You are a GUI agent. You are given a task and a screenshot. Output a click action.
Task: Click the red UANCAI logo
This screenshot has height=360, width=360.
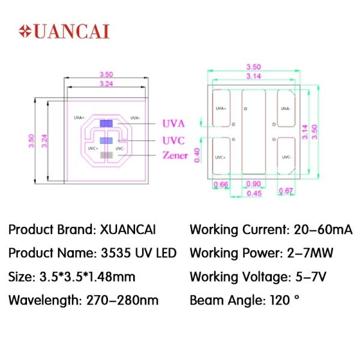click(64, 31)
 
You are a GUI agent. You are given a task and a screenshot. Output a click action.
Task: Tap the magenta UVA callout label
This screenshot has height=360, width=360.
click(173, 124)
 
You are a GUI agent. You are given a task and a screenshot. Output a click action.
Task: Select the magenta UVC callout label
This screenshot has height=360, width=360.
click(173, 140)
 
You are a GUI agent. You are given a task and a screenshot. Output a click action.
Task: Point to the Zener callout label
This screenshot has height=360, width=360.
click(175, 155)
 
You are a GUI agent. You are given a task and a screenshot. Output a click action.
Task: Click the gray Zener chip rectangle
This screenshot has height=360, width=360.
click(107, 155)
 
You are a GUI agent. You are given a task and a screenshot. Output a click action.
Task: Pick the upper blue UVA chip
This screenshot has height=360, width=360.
click(106, 123)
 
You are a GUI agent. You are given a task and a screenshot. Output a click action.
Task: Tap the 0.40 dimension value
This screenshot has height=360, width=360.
click(197, 155)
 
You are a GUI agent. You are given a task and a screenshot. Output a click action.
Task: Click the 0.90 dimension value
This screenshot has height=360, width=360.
click(253, 184)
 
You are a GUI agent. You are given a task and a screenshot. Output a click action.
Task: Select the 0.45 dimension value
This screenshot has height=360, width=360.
click(254, 193)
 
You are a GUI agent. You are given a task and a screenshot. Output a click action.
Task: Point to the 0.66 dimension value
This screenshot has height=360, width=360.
click(221, 184)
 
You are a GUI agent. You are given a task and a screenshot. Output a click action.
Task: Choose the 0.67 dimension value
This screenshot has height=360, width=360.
click(286, 191)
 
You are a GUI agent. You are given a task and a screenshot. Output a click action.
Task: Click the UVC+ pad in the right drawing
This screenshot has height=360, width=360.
click(221, 156)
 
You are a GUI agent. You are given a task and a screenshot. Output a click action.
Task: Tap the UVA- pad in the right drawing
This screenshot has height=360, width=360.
click(286, 108)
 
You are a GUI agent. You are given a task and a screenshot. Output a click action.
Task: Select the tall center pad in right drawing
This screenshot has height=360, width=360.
click(254, 132)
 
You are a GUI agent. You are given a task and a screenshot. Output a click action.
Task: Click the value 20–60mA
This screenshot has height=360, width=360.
click(323, 229)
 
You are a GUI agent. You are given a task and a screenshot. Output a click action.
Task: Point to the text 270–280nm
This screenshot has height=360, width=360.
click(122, 301)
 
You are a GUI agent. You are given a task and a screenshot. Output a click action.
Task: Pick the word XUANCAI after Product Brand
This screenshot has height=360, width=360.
click(128, 229)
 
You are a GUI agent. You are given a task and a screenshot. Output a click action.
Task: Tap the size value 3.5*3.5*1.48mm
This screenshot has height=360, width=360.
click(88, 277)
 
